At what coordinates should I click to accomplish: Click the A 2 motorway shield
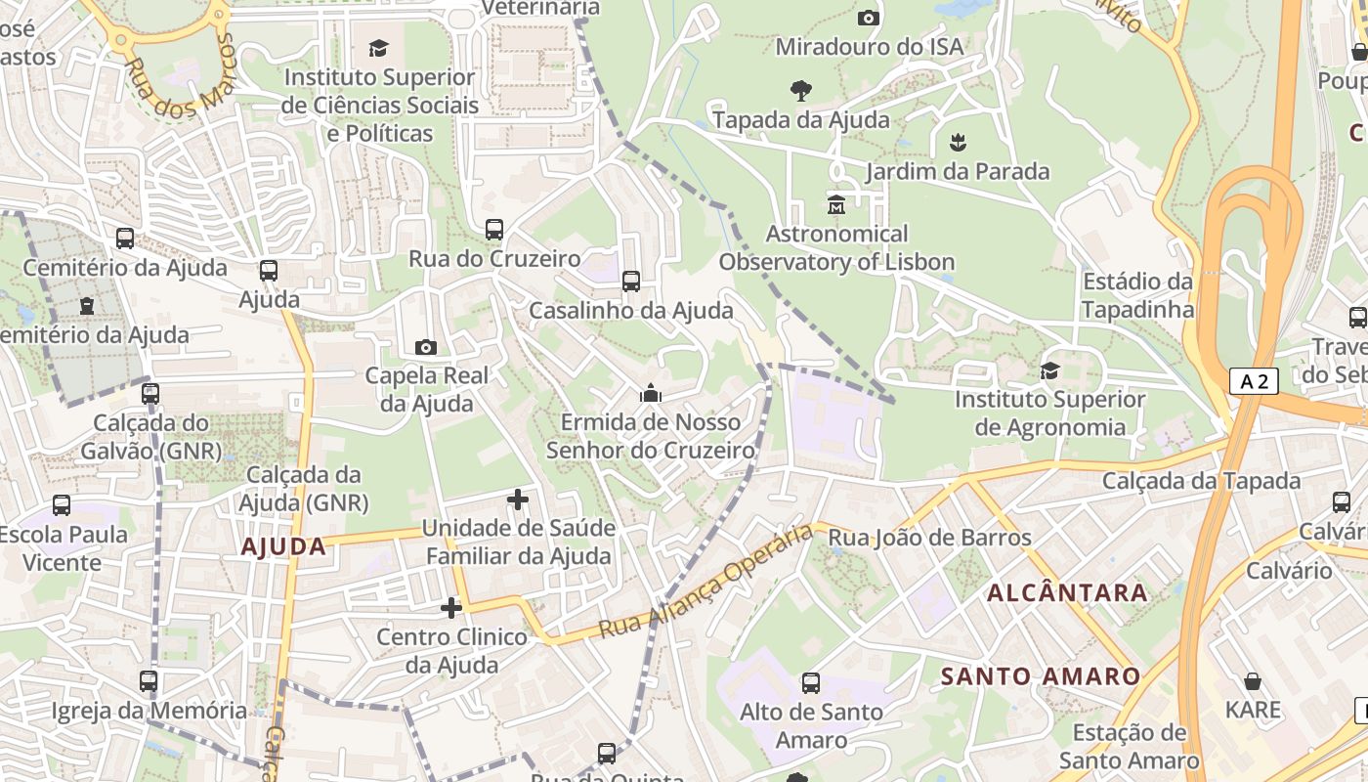(1254, 381)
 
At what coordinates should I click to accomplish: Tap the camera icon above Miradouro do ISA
(868, 18)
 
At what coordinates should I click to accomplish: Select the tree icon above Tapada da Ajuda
(801, 91)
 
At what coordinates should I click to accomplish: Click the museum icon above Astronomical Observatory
(836, 205)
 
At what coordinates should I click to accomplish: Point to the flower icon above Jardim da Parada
(958, 143)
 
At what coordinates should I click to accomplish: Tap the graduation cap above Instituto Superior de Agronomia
(1049, 370)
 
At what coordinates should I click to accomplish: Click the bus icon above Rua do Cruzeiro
(494, 230)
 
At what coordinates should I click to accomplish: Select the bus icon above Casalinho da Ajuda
(631, 282)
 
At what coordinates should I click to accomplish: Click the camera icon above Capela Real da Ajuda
(426, 347)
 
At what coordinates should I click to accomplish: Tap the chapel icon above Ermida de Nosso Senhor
(650, 393)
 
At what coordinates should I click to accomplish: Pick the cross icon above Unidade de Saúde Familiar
(518, 500)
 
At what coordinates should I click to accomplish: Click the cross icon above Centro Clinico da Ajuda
(451, 608)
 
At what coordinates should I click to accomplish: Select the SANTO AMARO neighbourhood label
(1041, 676)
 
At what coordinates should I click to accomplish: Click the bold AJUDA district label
(283, 546)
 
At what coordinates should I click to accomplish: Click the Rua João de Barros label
(929, 538)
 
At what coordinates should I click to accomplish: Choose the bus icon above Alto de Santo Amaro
(810, 683)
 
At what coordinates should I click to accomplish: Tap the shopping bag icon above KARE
(1253, 681)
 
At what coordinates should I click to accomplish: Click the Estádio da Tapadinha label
(1137, 295)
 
